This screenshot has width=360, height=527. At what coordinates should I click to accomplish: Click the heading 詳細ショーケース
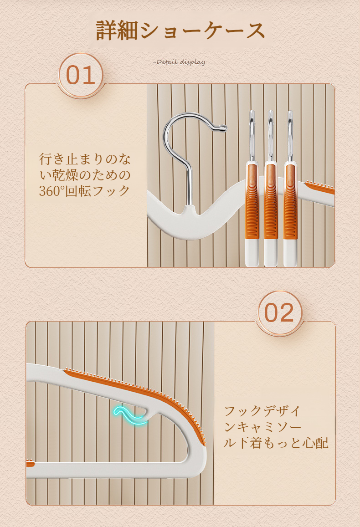coord(180,31)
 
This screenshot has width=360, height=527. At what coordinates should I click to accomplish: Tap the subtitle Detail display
coord(180,62)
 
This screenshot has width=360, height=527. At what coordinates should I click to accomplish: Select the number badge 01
coord(81,75)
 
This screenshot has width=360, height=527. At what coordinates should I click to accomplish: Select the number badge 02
coord(280,313)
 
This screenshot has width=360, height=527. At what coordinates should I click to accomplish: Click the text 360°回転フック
coord(84,191)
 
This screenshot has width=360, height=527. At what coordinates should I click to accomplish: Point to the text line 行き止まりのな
coord(85,159)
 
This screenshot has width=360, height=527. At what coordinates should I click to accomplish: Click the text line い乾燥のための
coord(85,175)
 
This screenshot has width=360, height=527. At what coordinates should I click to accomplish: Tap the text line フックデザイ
coord(262,411)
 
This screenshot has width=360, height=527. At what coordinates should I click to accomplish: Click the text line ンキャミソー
coord(262,427)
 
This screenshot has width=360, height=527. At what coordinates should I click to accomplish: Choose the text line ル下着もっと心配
coord(276,443)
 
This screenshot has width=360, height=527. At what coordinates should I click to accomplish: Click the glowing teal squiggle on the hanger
coord(130,415)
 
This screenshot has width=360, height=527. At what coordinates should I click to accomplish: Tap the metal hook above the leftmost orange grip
coord(252,136)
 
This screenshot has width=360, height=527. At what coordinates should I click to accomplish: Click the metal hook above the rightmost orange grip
coord(290,136)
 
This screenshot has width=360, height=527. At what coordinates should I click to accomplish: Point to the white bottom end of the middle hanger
coord(271,253)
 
